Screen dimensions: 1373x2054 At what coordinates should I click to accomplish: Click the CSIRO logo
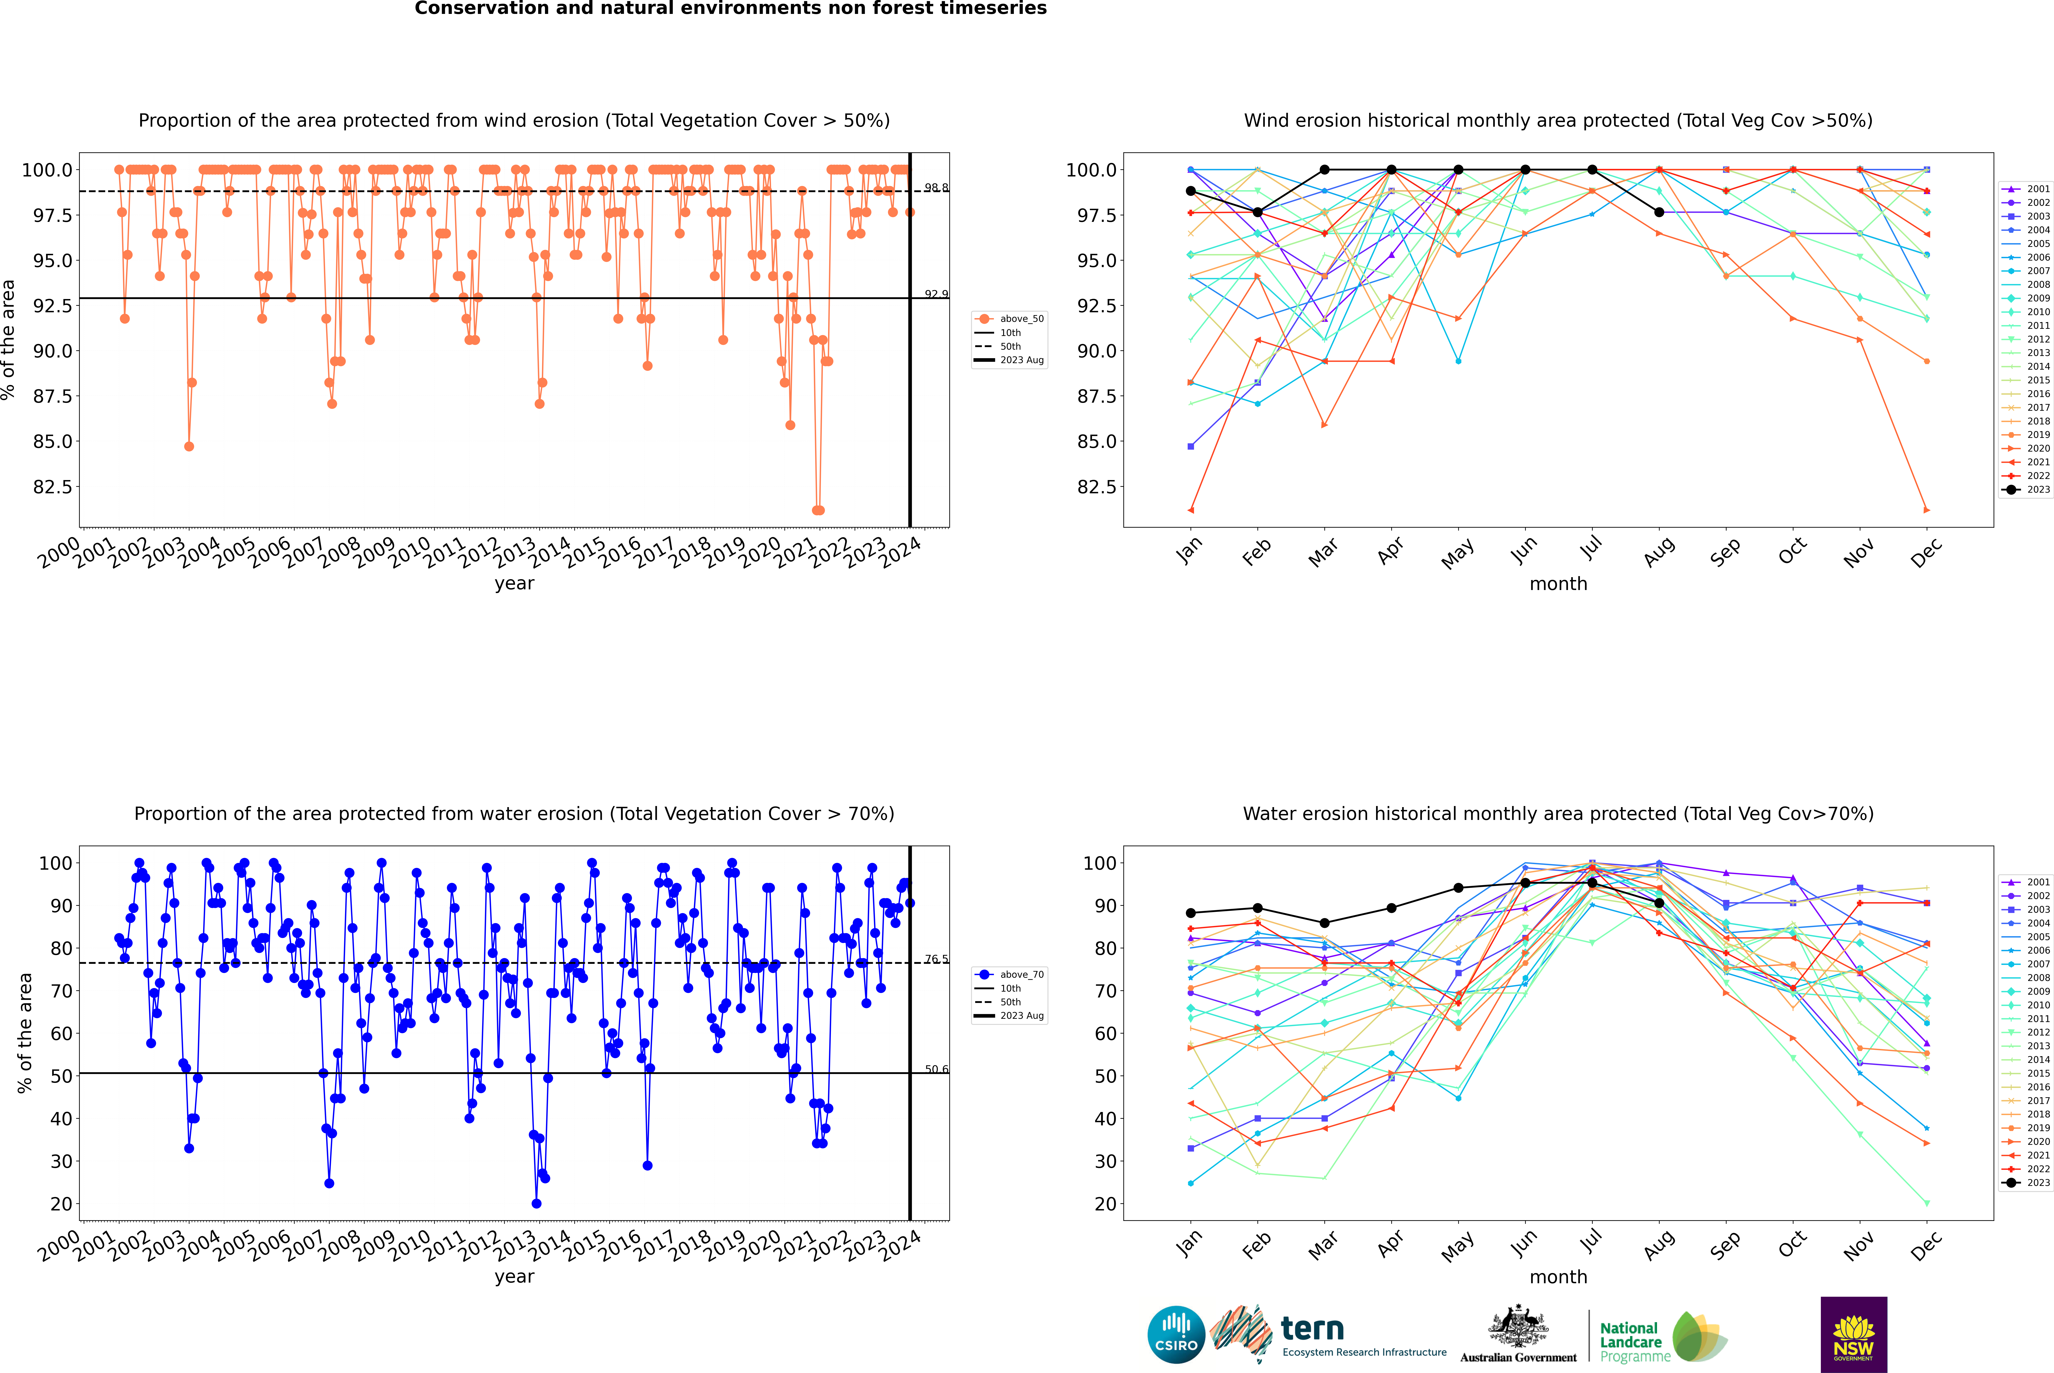pos(1176,1335)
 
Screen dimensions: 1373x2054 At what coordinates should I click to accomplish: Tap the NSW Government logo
pos(1853,1335)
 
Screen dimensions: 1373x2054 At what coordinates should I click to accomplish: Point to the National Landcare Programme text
pos(1630,1341)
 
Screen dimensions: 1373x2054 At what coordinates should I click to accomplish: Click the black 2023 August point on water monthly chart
pos(1659,903)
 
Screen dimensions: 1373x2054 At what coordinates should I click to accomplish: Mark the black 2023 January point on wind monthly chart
pos(1191,191)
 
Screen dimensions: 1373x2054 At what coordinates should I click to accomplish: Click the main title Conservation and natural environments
pos(730,9)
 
